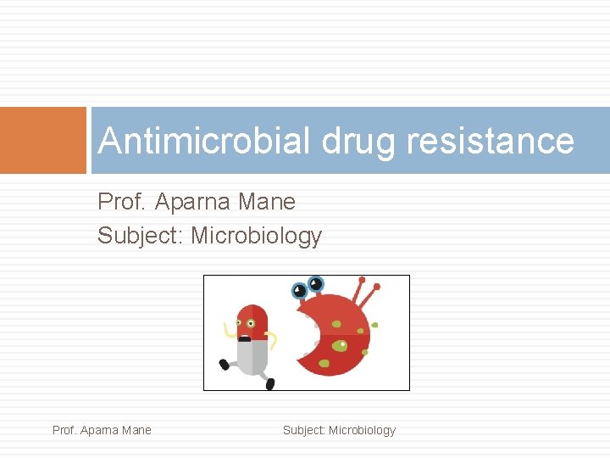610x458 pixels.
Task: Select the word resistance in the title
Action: pos(490,141)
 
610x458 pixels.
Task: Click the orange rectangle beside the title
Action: pos(43,140)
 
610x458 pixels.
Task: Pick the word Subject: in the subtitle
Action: pos(141,236)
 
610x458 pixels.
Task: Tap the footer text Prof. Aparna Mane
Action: pos(102,430)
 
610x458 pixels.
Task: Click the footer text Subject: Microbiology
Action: pos(339,430)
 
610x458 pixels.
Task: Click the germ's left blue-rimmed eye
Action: pos(299,291)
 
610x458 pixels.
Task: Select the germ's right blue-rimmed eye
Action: pos(315,283)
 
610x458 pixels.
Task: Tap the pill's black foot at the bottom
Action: pos(269,383)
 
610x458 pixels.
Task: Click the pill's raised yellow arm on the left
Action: pos(227,331)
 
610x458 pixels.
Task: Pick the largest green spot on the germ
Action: pos(339,345)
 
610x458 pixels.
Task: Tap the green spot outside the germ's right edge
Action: pos(374,325)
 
